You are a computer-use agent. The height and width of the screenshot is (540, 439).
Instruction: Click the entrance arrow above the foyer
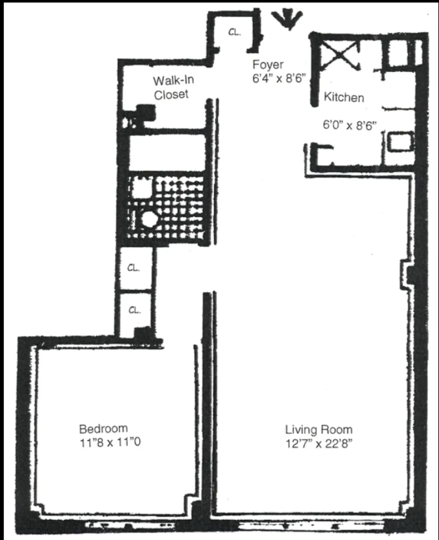(288, 19)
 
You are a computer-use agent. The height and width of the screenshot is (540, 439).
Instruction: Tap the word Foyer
(268, 65)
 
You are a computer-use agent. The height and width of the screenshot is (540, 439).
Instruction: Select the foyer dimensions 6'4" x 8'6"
(279, 78)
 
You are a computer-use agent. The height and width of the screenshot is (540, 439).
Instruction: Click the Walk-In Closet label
(173, 87)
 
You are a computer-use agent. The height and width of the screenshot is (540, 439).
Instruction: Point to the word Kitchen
(344, 97)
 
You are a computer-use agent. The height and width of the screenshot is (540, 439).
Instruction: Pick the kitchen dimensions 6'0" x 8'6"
(349, 125)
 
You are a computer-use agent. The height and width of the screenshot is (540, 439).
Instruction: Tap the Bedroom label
(104, 428)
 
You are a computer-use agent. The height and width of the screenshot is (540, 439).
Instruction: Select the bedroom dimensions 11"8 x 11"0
(110, 443)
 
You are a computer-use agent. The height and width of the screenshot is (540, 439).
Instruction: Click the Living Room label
(319, 430)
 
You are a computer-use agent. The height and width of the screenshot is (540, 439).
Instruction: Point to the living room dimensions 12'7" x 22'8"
(319, 444)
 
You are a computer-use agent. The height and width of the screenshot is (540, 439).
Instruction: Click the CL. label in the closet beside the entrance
(234, 32)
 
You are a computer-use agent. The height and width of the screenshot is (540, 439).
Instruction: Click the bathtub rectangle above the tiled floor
(167, 152)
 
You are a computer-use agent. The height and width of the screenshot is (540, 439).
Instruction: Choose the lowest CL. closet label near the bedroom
(134, 310)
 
